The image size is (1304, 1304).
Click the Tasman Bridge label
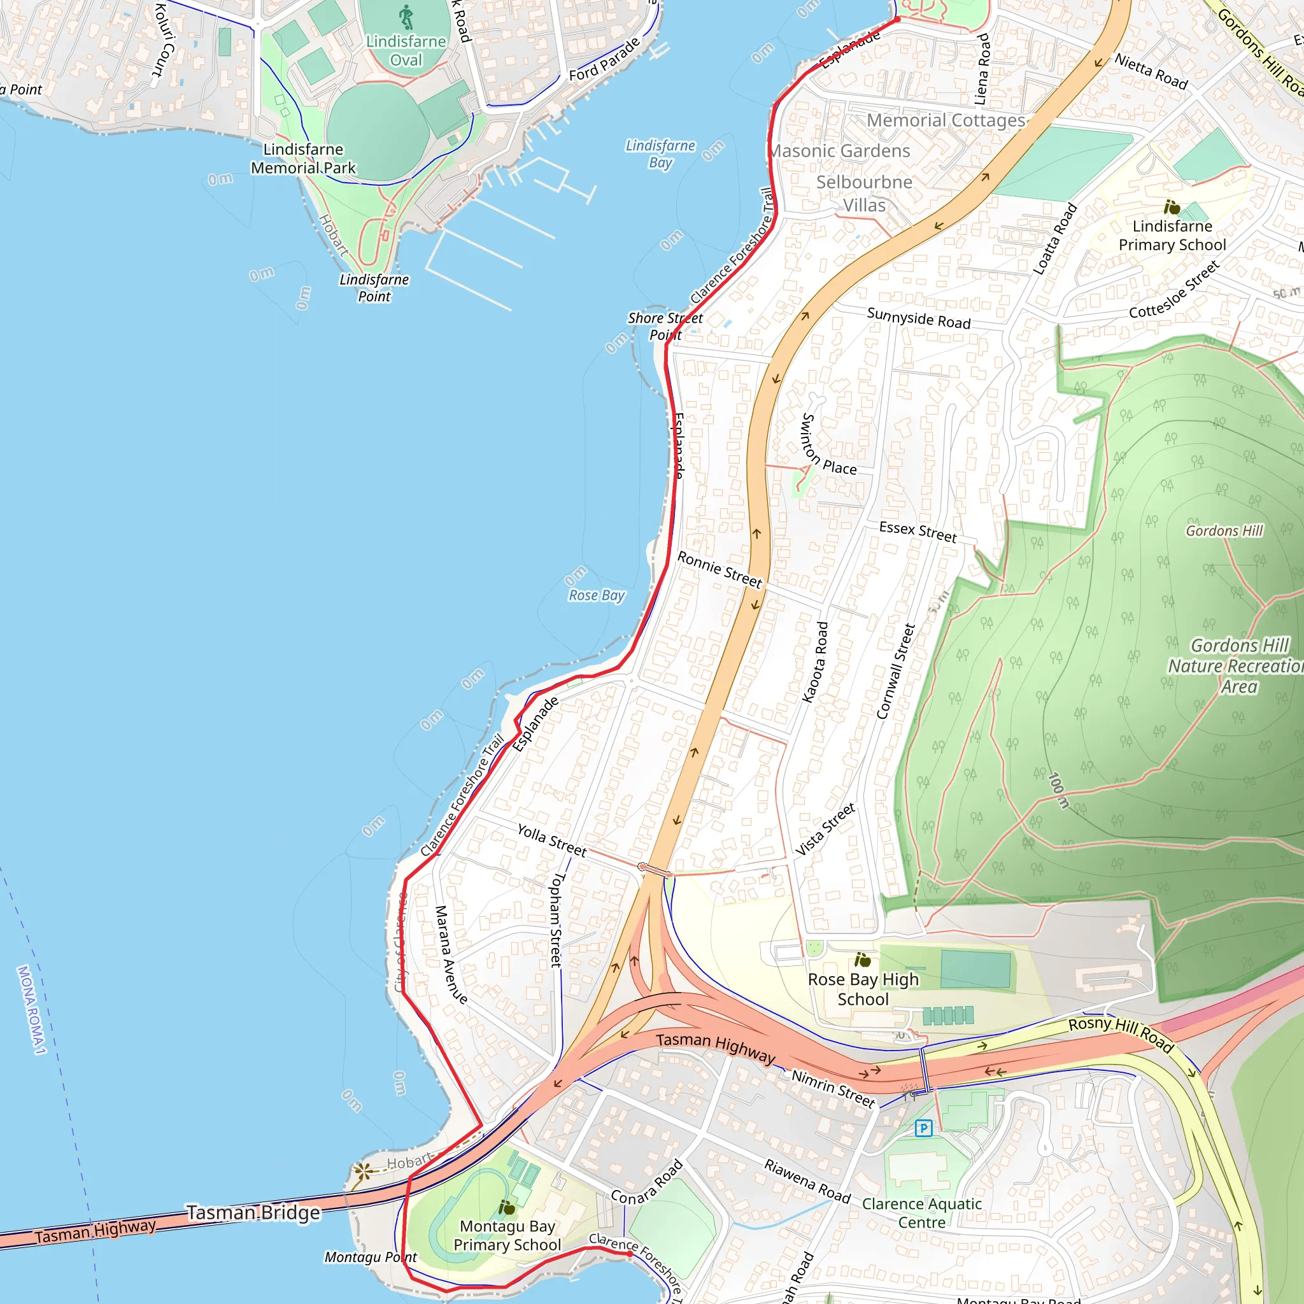pos(253,1213)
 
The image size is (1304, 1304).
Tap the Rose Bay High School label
pos(863,989)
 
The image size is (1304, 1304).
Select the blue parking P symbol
pos(923,1128)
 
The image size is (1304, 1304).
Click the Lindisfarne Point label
pos(374,288)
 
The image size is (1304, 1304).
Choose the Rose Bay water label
pos(597,595)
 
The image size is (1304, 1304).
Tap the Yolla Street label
pos(551,840)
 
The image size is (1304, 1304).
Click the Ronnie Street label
pos(719,570)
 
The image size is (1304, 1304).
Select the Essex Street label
pos(918,532)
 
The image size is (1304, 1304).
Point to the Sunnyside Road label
pos(919,318)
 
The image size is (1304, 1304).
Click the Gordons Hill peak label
pos(1224,531)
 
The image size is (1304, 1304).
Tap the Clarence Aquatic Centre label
pos(922,1213)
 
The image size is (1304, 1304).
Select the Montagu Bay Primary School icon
pos(507,1207)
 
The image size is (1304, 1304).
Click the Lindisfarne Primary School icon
pos(1172,207)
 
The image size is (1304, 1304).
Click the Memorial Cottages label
pos(946,121)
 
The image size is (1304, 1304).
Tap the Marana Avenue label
pos(451,954)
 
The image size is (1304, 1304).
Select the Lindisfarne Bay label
pos(660,154)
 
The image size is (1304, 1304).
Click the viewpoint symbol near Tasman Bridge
pos(363,1171)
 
